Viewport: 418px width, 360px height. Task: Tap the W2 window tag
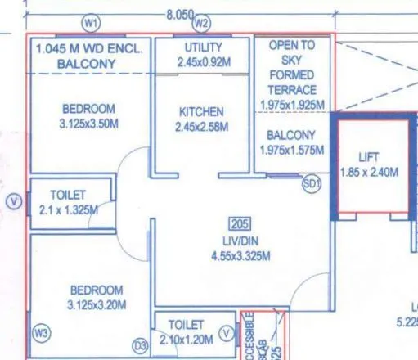coord(201,21)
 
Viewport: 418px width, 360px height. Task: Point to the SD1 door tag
coord(311,185)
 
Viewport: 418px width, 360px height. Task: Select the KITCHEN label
coord(201,111)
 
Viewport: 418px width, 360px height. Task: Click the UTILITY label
coord(204,47)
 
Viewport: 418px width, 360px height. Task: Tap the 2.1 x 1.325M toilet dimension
coord(69,210)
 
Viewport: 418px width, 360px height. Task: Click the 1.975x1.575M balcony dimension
coord(292,151)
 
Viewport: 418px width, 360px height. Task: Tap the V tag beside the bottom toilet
coord(227,332)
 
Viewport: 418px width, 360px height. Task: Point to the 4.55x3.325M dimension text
coord(240,255)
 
